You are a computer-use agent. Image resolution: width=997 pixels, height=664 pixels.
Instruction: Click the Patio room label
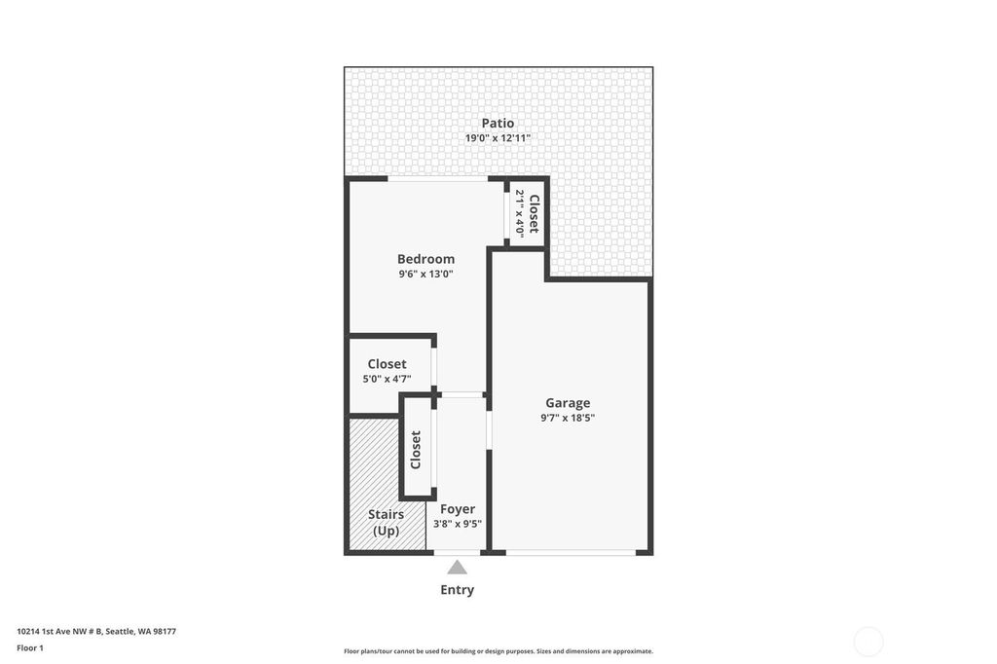[x=498, y=123]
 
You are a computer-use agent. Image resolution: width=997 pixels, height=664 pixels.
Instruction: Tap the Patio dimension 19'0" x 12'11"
[x=498, y=138]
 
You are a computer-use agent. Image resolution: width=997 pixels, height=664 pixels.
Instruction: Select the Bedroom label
[x=426, y=259]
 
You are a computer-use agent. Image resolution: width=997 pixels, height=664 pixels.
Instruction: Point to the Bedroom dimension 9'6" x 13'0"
[x=426, y=275]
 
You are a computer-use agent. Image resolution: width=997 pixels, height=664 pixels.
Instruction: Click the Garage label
[x=568, y=403]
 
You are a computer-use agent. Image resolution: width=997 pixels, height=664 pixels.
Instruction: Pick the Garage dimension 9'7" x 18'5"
[x=568, y=418]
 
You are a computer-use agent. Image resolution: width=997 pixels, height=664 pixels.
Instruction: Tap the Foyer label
[x=458, y=509]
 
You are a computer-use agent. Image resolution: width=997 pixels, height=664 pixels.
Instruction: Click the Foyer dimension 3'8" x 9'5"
[x=458, y=524]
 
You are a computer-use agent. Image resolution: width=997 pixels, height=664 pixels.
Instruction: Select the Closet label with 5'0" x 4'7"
[x=387, y=364]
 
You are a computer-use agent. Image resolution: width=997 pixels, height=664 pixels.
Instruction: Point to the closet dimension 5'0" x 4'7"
[x=387, y=379]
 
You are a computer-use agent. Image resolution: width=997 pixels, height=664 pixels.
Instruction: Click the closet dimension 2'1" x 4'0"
[x=520, y=213]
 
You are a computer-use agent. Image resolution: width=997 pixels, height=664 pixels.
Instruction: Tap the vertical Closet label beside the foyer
[x=416, y=450]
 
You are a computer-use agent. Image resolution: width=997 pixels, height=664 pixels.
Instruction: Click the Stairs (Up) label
[x=386, y=522]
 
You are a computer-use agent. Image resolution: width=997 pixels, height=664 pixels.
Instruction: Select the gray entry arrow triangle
[x=457, y=568]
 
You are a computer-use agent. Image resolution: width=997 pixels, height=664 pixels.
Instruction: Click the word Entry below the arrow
[x=458, y=590]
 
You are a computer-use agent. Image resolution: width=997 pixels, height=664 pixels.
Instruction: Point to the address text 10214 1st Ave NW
[x=52, y=632]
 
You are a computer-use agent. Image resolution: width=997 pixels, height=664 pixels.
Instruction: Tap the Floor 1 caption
[x=30, y=648]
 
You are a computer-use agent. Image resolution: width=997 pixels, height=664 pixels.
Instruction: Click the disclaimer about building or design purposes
[x=498, y=651]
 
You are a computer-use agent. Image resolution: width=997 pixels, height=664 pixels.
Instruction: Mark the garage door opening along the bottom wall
[x=571, y=553]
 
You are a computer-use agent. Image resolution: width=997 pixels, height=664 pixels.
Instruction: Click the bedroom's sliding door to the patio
[x=437, y=179]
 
